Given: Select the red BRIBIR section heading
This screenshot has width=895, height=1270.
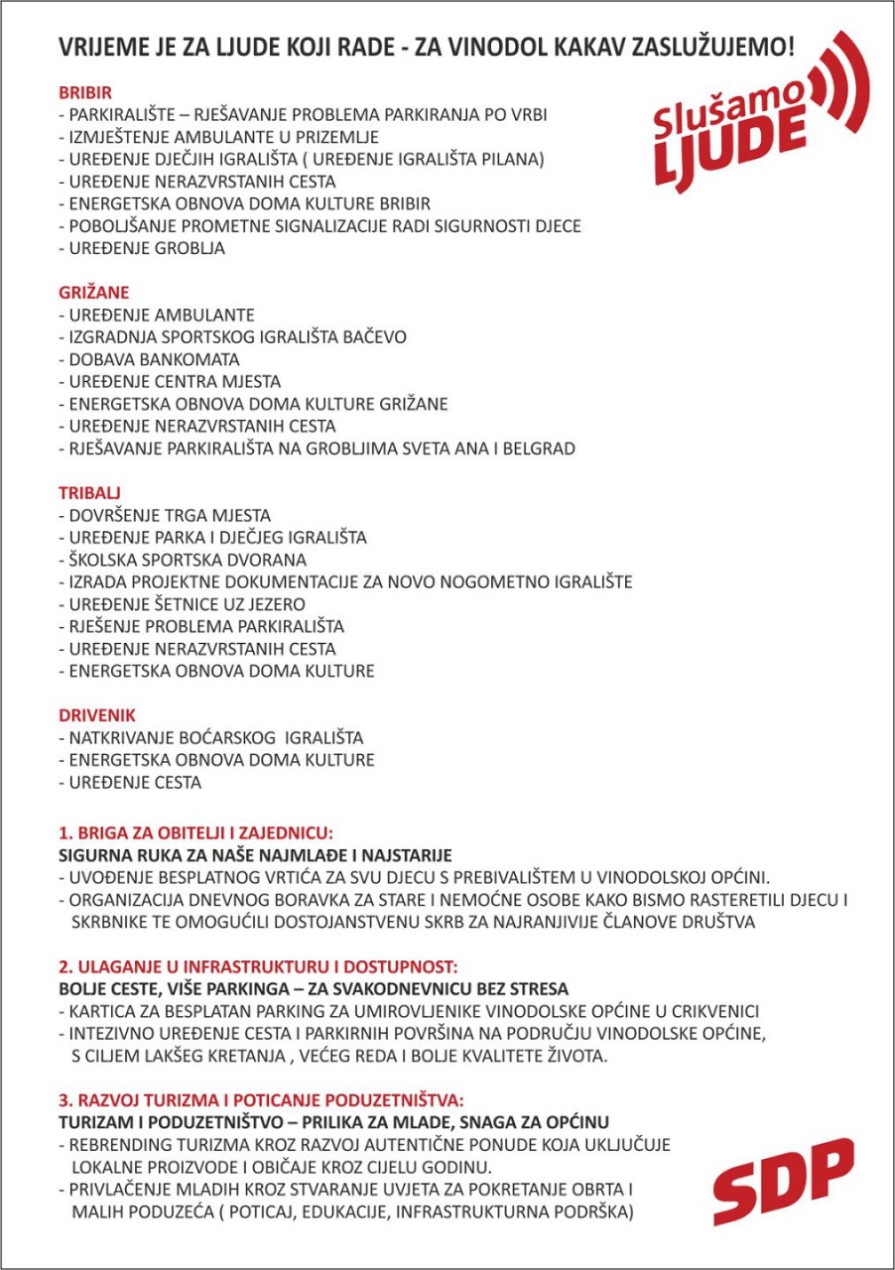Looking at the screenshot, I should (84, 93).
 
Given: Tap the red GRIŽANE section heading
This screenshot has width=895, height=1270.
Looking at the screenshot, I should (92, 293).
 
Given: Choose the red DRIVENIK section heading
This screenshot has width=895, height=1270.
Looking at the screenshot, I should (96, 715).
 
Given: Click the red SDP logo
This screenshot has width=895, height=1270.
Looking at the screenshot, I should (783, 1182).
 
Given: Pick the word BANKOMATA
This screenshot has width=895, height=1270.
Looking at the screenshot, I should (186, 359).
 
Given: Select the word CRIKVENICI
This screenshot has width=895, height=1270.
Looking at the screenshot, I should (712, 1012).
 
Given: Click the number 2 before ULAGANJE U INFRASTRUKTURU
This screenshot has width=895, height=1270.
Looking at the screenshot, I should (64, 966).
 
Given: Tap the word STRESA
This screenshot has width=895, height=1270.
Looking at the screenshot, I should (537, 989).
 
